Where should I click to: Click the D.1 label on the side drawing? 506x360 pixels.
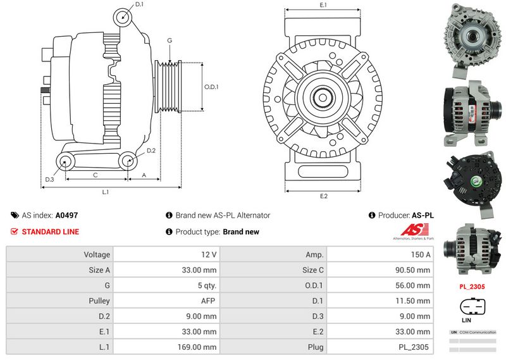[x=140, y=4]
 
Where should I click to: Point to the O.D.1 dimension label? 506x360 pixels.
[x=211, y=87]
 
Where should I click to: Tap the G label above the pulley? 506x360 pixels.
[x=169, y=40]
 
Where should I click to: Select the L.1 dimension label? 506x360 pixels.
[x=106, y=192]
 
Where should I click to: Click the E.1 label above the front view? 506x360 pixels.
[x=323, y=5]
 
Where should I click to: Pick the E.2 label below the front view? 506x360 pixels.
[x=323, y=196]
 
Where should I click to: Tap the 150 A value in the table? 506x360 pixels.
[x=421, y=254]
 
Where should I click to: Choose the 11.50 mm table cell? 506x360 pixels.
[x=415, y=301]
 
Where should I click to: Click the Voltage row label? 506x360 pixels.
[x=97, y=254]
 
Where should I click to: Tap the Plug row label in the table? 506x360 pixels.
[x=316, y=347]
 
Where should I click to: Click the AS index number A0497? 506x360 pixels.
[x=67, y=215]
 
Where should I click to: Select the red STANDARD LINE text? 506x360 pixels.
[x=51, y=232]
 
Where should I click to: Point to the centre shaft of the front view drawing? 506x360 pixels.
[x=323, y=97]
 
